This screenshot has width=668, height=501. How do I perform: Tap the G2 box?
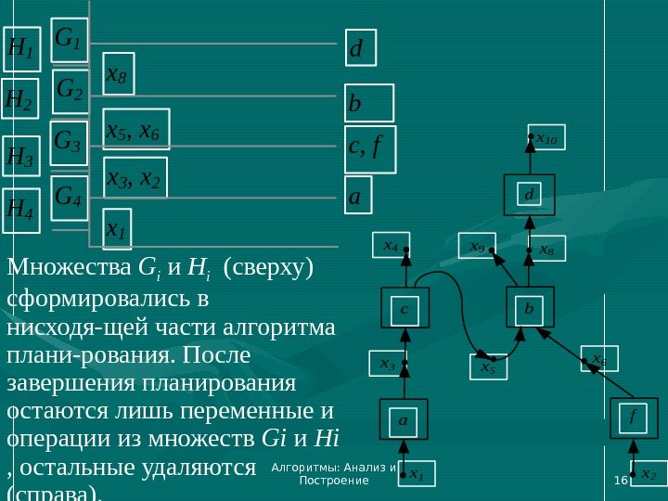click(x=71, y=91)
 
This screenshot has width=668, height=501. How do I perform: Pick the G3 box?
click(x=69, y=144)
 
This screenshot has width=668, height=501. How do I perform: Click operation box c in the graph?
click(x=406, y=308)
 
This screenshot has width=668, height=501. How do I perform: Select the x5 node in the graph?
click(x=488, y=368)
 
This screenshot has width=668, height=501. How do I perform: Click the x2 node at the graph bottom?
click(x=647, y=474)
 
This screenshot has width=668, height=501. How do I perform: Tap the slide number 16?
click(x=621, y=478)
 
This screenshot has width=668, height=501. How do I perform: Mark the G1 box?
click(x=70, y=40)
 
